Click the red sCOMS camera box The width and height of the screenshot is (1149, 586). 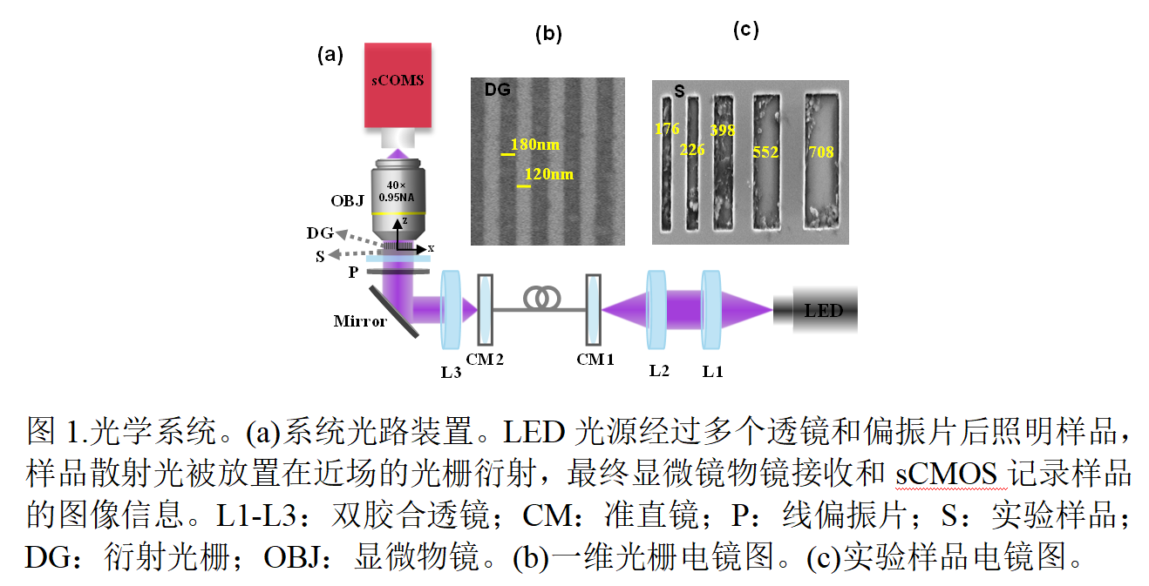point(398,85)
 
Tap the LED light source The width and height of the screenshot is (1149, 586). point(816,309)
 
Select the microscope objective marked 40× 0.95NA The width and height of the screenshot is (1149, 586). point(398,199)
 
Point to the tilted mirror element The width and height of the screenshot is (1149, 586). point(394,312)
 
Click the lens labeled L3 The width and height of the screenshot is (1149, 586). point(451,309)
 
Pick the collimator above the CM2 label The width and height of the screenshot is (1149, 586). point(486,309)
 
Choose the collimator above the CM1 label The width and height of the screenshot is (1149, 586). point(594,309)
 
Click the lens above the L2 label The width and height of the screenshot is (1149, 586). point(656,309)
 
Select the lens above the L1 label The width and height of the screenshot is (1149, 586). point(711,309)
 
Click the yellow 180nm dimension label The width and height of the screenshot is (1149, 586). point(535,145)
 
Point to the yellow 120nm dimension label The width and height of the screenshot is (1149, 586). point(549,174)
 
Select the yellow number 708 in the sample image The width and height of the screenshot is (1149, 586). point(821,152)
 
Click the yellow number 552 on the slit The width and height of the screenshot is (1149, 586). point(765,152)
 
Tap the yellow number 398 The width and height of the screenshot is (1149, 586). point(722,130)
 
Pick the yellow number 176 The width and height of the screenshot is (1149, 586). point(667,129)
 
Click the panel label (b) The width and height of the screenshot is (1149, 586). point(548,34)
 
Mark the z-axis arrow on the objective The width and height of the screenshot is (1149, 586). point(398,234)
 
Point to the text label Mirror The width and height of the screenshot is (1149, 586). point(360,321)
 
